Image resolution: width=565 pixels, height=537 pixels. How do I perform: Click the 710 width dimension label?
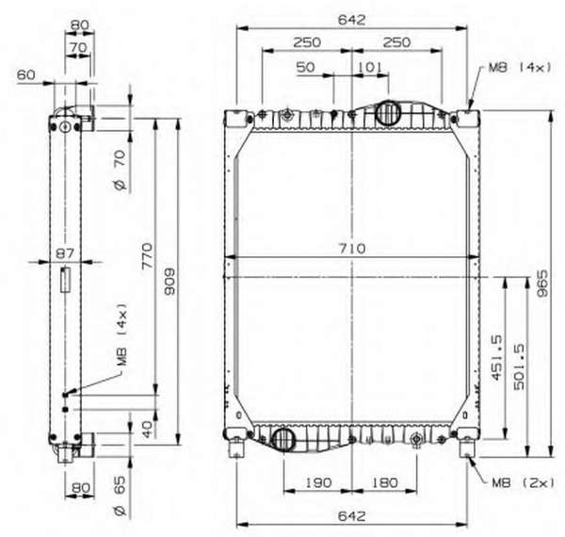351,249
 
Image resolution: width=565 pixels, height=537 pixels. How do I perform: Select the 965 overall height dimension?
542,284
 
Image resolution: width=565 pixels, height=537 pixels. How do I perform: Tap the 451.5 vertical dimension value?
496,357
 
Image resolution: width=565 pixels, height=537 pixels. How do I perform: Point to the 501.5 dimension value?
519,366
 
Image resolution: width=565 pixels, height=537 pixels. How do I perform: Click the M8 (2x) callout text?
524,482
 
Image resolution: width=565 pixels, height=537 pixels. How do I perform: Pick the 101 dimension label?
370,67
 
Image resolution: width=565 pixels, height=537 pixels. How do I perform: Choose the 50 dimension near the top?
305,67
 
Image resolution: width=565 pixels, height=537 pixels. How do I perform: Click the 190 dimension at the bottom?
318,482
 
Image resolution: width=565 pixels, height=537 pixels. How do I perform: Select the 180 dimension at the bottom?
385,482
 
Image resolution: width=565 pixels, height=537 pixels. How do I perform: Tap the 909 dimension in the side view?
169,282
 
